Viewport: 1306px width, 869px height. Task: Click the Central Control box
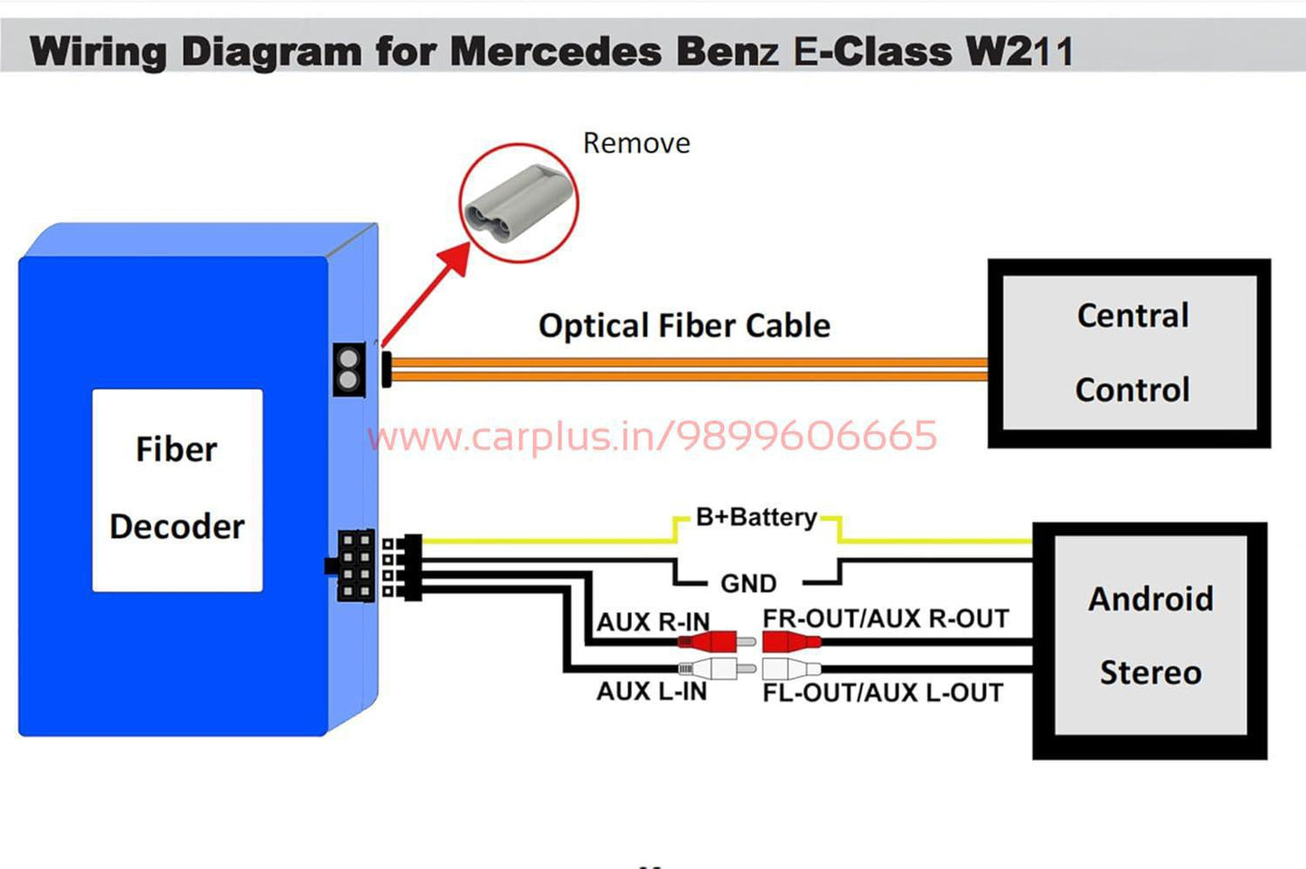1129,353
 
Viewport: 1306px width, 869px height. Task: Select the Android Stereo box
1150,638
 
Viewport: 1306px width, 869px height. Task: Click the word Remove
636,143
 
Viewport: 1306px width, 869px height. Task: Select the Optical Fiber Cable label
684,326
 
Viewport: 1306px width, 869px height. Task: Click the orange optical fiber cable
687,369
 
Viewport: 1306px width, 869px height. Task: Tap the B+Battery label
756,517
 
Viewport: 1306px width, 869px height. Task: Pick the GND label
748,583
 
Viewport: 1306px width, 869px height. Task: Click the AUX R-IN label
653,622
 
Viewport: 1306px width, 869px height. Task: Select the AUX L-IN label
651,692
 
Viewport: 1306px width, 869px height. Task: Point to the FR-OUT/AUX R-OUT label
885,619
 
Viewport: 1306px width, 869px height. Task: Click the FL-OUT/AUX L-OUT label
882,693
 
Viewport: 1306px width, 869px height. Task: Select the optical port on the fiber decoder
349,369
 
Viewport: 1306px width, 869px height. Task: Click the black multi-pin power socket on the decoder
355,566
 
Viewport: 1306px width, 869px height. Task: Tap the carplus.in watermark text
653,436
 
